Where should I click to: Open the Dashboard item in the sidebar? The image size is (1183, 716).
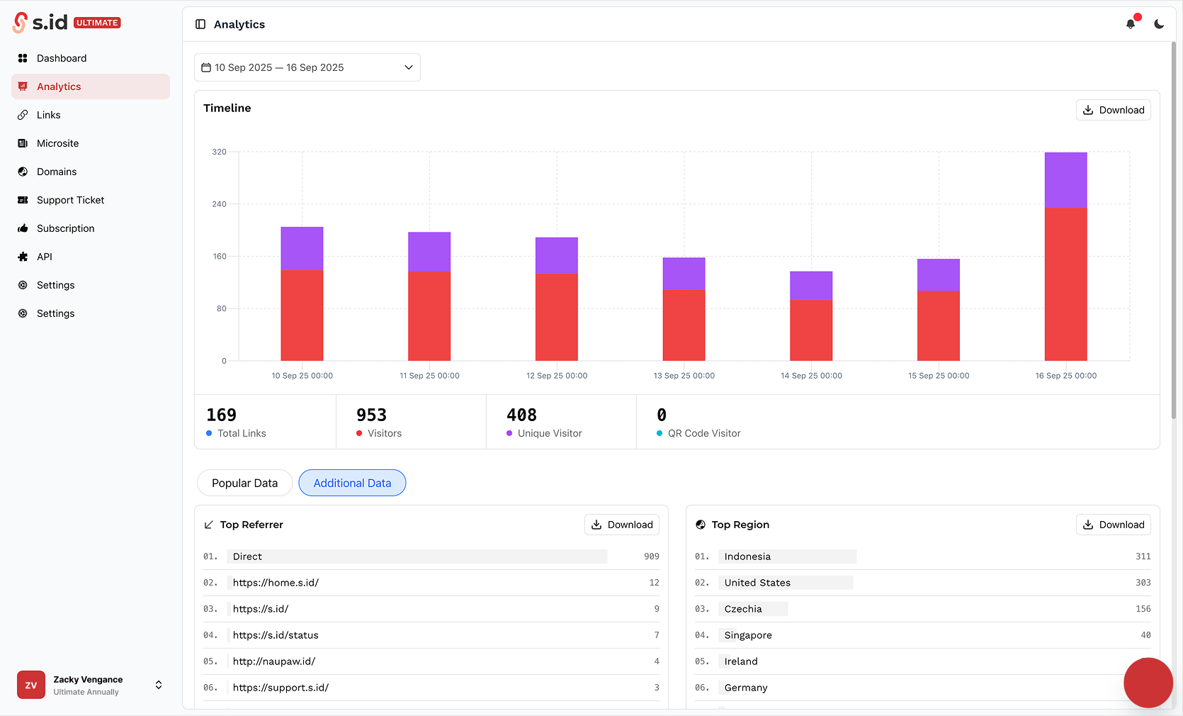(x=61, y=58)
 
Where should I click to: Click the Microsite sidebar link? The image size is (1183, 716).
(x=57, y=143)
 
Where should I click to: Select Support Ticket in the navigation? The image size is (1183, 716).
(x=70, y=200)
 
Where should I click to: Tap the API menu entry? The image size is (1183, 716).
(x=44, y=257)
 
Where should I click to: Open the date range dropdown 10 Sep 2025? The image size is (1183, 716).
(x=307, y=67)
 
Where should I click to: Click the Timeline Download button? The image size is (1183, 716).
(x=1113, y=110)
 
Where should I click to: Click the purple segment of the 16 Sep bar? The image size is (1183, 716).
(x=1065, y=180)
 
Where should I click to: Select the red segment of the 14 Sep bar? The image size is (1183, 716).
(x=811, y=330)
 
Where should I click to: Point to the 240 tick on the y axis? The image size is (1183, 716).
(x=220, y=204)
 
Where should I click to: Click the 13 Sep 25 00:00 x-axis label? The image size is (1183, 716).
(x=684, y=376)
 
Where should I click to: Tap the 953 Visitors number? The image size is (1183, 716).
(x=371, y=415)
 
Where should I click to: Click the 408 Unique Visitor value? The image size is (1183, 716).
(x=521, y=415)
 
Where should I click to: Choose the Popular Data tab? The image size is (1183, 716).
(x=244, y=483)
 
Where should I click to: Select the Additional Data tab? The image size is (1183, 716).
(x=352, y=483)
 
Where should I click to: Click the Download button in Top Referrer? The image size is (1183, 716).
(x=622, y=525)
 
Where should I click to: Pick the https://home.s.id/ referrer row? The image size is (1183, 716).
(x=276, y=583)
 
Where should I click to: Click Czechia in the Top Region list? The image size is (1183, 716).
(x=743, y=609)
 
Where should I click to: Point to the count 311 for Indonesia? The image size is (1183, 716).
(x=1143, y=556)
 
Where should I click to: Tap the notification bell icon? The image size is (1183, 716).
(x=1131, y=24)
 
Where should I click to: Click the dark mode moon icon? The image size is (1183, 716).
(x=1159, y=24)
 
